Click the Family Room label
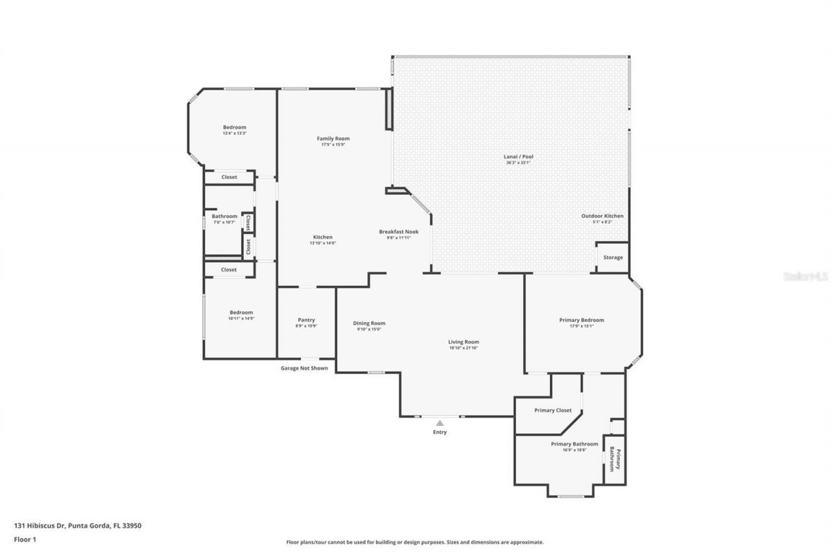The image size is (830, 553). tap(333, 139)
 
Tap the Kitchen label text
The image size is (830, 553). tap(323, 237)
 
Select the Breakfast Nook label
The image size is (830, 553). tap(399, 231)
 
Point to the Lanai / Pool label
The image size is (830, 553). tap(518, 156)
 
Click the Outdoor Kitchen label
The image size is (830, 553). tap(602, 216)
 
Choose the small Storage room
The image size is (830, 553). tap(613, 257)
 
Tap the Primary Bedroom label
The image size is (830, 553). tap(582, 320)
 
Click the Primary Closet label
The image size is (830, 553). tap(552, 410)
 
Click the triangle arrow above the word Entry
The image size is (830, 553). tap(440, 423)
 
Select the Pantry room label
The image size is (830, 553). tap(306, 320)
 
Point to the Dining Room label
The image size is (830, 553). tap(369, 324)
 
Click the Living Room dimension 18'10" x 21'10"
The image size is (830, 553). tap(464, 348)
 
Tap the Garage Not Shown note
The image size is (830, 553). tap(304, 368)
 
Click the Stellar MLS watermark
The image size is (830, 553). tap(805, 276)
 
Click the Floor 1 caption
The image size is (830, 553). tap(25, 539)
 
